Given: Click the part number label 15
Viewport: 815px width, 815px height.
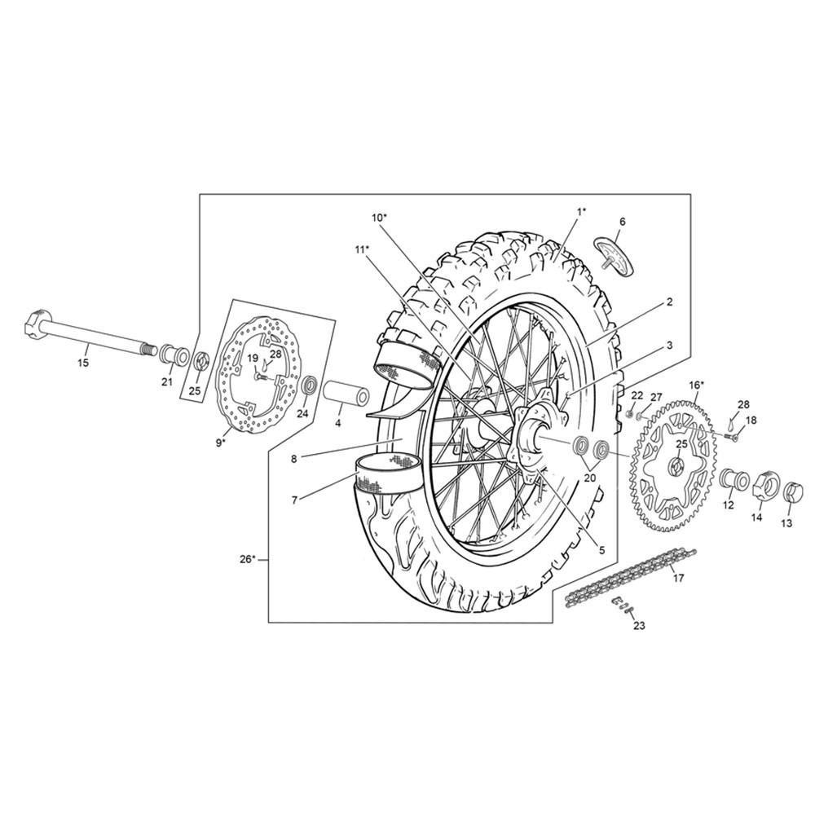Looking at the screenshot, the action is [x=83, y=363].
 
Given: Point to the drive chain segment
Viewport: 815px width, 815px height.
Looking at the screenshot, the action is [x=631, y=576].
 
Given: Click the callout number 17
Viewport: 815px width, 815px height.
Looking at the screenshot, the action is [x=678, y=578].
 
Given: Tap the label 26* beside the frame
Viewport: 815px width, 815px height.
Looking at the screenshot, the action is [x=248, y=559].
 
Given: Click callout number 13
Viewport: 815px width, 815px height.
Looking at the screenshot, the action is [x=786, y=523].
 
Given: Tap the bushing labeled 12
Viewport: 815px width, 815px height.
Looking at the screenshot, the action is [x=733, y=481].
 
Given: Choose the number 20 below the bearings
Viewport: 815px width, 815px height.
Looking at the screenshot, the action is [x=590, y=478].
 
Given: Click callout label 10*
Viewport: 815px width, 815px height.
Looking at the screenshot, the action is [x=380, y=218].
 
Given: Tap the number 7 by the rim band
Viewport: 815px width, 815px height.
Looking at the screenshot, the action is [x=295, y=500].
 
